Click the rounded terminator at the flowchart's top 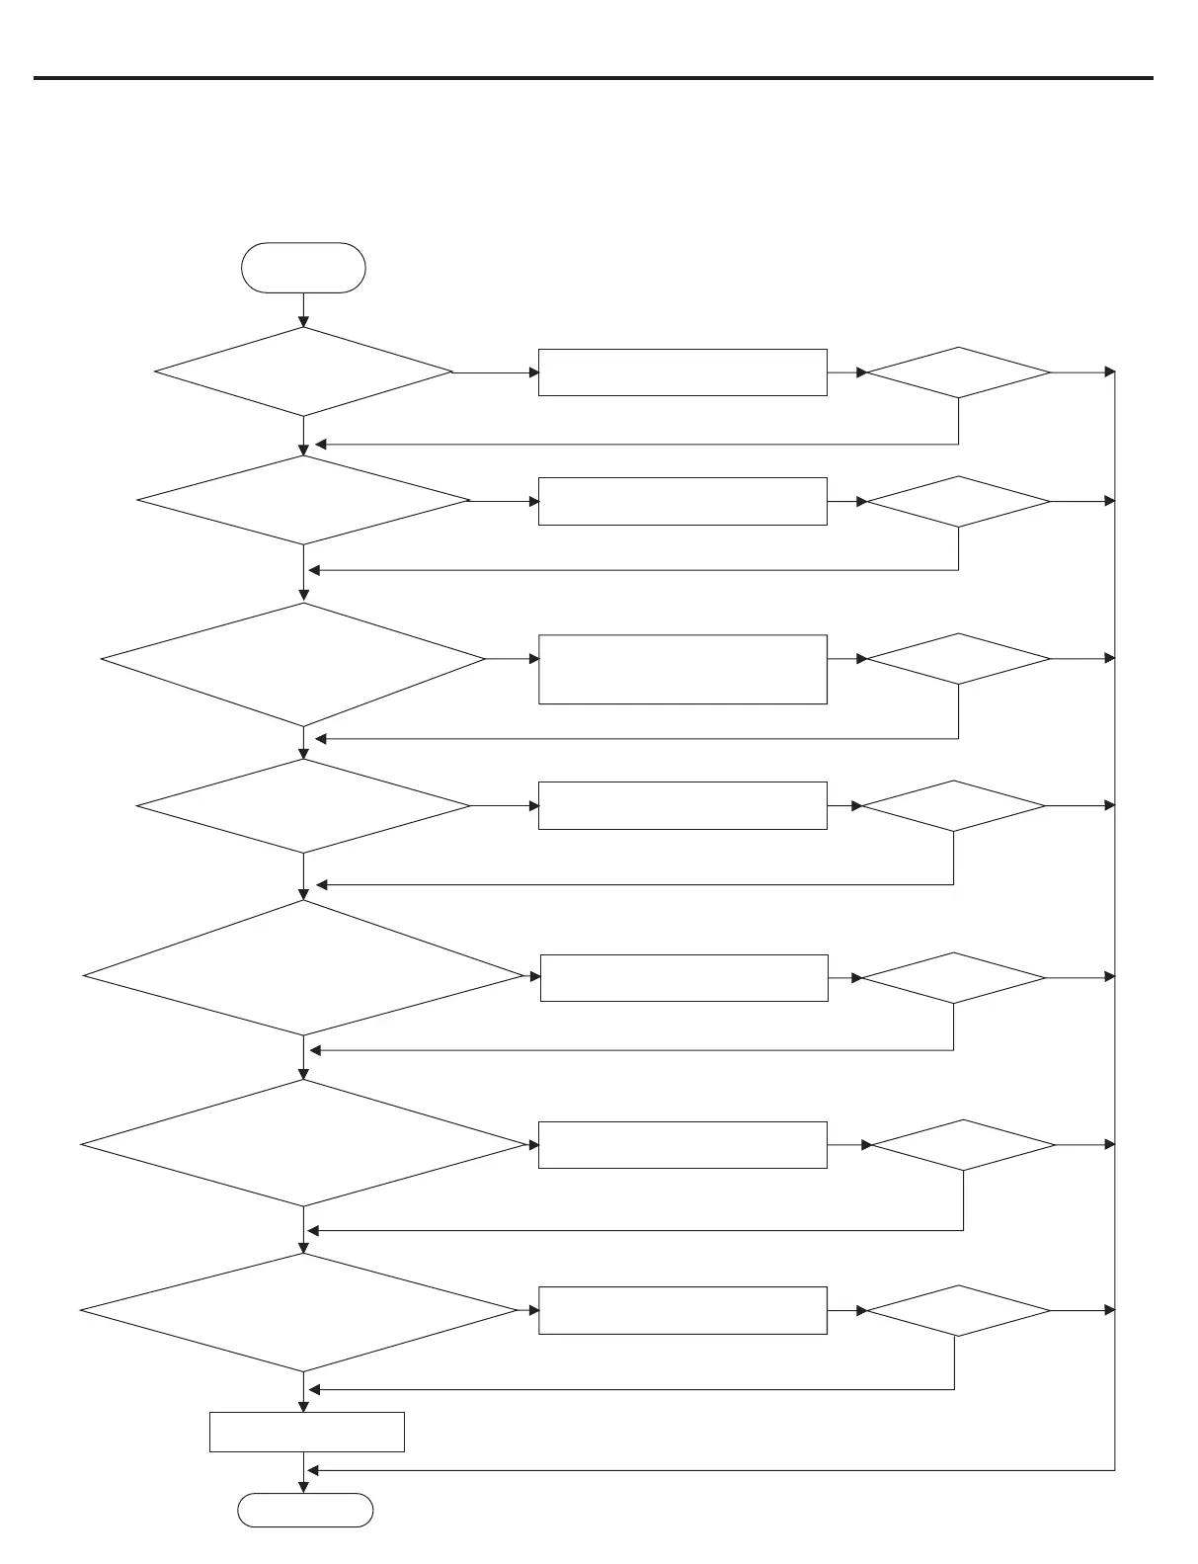click(x=303, y=268)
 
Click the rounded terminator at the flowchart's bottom click(x=305, y=1511)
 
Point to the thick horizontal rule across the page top click(x=593, y=77)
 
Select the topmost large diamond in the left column click(x=303, y=372)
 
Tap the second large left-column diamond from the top click(x=303, y=501)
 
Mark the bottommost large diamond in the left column click(x=298, y=1311)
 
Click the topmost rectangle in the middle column click(x=682, y=372)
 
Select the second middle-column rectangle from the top click(x=682, y=501)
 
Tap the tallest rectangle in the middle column click(x=682, y=669)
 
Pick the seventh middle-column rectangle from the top click(x=682, y=1310)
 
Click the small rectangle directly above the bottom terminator click(x=306, y=1432)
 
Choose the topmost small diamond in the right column click(x=958, y=372)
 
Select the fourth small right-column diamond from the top click(x=953, y=806)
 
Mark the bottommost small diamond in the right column click(x=958, y=1311)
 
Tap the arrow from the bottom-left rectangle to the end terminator click(x=303, y=1472)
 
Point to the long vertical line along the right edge click(x=1115, y=919)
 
